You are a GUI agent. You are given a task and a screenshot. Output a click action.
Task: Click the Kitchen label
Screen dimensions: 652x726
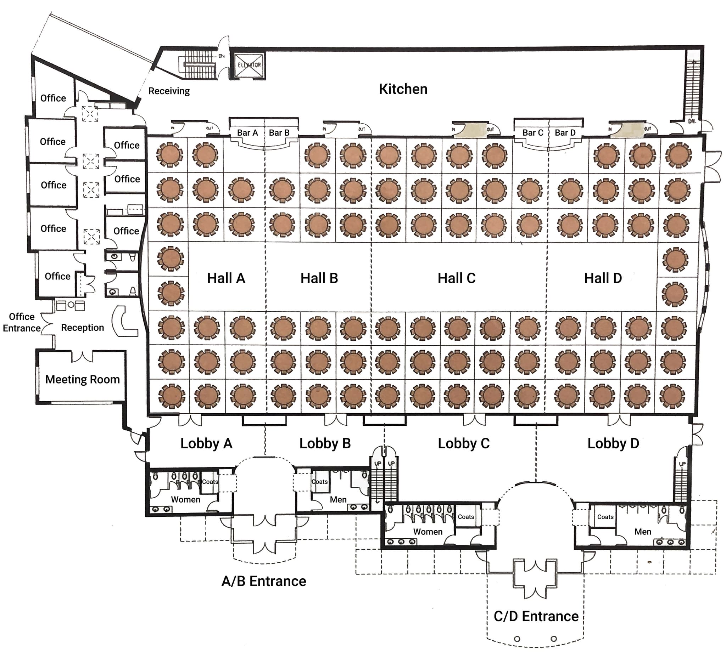point(403,89)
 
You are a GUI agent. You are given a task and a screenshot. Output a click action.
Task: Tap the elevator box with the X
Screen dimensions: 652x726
point(249,65)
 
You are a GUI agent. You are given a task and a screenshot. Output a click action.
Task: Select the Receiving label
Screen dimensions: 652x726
point(169,91)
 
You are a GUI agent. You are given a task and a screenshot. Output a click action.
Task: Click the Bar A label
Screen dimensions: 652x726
point(247,133)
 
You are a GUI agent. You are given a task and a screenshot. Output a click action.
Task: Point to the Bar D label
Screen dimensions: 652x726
point(565,133)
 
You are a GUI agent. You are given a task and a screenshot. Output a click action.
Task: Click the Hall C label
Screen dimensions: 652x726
point(456,278)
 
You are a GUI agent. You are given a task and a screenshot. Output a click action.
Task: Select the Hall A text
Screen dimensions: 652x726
point(226,278)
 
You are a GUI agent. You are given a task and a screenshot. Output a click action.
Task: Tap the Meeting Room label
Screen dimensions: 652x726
point(83,379)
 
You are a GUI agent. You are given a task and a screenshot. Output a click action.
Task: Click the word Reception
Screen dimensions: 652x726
point(83,328)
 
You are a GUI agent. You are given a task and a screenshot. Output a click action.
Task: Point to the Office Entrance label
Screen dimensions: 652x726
point(22,322)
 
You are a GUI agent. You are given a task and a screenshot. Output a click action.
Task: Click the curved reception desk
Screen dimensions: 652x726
point(124,321)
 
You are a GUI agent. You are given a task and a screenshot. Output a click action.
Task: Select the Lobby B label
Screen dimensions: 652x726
point(325,443)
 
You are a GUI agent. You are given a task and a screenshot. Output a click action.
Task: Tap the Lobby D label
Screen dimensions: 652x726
point(613,443)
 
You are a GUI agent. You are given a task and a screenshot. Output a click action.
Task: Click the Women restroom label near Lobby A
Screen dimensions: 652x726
point(185,499)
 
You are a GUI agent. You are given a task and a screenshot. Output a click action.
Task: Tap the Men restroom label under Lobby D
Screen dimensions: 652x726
point(642,532)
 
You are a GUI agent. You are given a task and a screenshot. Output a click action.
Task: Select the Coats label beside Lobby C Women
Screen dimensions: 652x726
point(466,517)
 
